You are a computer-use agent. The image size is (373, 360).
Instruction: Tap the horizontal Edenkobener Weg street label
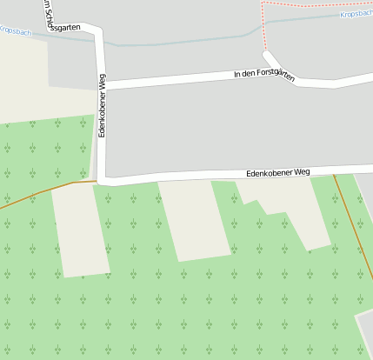click(277, 172)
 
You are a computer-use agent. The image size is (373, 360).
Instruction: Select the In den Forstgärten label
click(264, 76)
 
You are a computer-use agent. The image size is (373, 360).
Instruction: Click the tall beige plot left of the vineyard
click(80, 230)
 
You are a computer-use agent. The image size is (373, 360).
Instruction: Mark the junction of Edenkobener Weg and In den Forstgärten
click(102, 85)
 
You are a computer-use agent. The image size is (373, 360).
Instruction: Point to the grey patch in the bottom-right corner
click(365, 335)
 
